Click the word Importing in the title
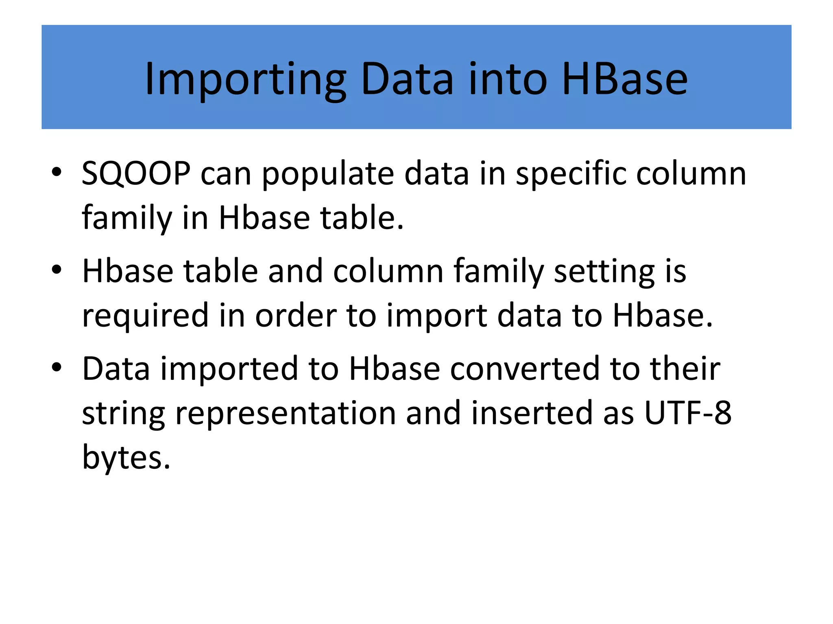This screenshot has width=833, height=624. (x=245, y=79)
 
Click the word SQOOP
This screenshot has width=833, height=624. (x=136, y=174)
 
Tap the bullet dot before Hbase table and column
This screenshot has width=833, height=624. (x=57, y=269)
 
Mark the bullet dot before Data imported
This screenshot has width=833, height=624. (x=57, y=367)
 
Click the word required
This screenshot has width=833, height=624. (x=146, y=316)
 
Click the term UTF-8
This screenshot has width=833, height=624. (x=688, y=413)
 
